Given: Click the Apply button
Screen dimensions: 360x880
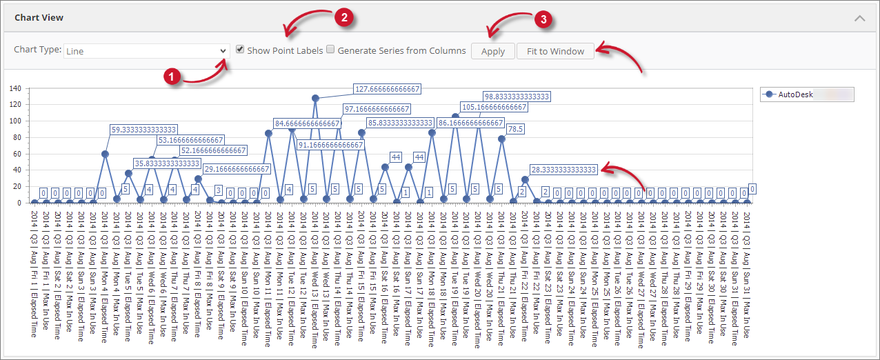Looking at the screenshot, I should [x=493, y=51].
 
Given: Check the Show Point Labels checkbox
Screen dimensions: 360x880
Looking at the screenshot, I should [x=240, y=50].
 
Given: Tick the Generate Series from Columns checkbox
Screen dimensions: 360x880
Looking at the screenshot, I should [x=330, y=50].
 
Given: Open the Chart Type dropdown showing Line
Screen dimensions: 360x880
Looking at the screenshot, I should [x=146, y=51].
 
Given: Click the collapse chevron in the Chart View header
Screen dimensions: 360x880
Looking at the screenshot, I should [x=859, y=18].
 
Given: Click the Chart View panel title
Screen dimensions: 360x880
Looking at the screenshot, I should [x=39, y=17].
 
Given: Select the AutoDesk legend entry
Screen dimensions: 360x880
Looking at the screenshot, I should [x=797, y=94].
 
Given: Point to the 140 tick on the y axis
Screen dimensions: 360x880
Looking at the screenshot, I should [x=15, y=88].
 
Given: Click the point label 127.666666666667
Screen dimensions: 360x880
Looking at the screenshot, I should [x=387, y=89].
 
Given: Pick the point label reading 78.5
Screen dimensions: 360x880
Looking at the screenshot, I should [x=515, y=129].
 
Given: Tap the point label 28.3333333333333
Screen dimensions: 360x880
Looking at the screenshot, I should [x=563, y=169].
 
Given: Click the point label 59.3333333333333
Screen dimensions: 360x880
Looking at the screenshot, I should [x=144, y=129].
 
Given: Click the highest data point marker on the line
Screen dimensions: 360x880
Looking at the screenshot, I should [x=315, y=98].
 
